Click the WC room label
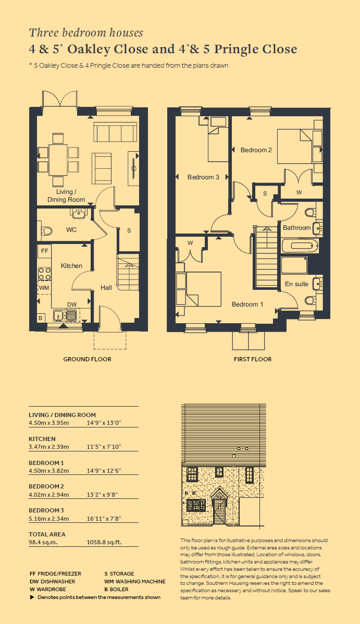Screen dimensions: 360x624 coord(71,230)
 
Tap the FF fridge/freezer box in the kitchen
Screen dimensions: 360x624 coord(45,251)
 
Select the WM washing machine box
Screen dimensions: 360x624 coord(44,287)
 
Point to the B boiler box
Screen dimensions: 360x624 coord(40,318)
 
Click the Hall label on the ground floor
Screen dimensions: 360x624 coord(106,287)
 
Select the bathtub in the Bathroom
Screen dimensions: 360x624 coord(300,246)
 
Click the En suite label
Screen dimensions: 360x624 coord(297,284)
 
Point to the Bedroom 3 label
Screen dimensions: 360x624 coord(203,177)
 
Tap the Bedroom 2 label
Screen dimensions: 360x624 coord(256,150)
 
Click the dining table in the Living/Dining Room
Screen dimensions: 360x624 coord(58,160)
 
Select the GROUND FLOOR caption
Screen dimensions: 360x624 coord(87,359)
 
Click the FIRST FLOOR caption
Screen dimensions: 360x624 coord(253,359)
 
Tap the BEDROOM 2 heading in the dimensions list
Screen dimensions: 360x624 coord(46,486)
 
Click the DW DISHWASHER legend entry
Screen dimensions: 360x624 coord(53,581)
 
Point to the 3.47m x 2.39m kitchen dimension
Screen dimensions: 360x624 coord(48,447)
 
